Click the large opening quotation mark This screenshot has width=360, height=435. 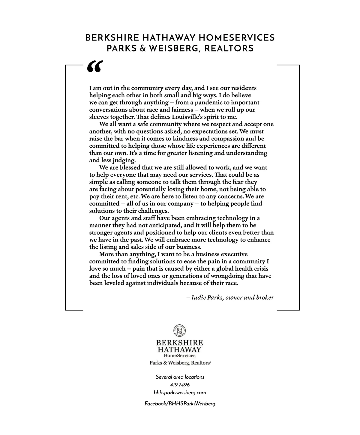click(95, 67)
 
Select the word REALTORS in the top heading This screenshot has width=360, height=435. click(229, 48)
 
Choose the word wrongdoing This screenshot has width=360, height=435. click(228, 276)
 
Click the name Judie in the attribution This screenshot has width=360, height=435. click(198, 298)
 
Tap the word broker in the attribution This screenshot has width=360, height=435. click(265, 298)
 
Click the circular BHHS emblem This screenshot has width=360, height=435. click(179, 331)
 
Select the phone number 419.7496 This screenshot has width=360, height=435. click(180, 385)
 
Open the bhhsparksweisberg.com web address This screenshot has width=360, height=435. click(180, 392)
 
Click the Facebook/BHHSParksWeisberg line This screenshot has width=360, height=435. click(180, 404)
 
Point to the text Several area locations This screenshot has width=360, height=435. click(180, 377)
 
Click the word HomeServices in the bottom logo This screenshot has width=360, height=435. click(179, 356)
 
